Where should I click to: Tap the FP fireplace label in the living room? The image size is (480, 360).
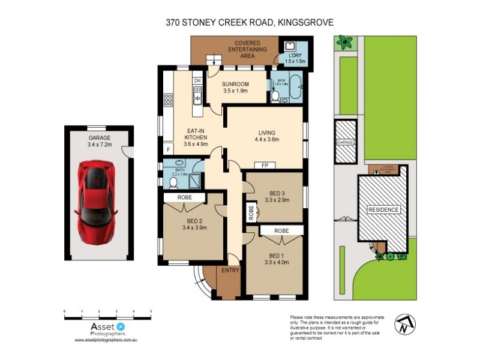coord(264,165)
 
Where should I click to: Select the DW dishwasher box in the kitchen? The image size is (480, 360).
coord(196,81)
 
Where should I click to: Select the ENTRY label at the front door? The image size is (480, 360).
coord(230,270)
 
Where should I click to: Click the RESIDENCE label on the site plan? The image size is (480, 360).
coord(384,210)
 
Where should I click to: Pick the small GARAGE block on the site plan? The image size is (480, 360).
coord(346,142)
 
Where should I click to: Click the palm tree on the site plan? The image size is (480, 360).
coord(344,42)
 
